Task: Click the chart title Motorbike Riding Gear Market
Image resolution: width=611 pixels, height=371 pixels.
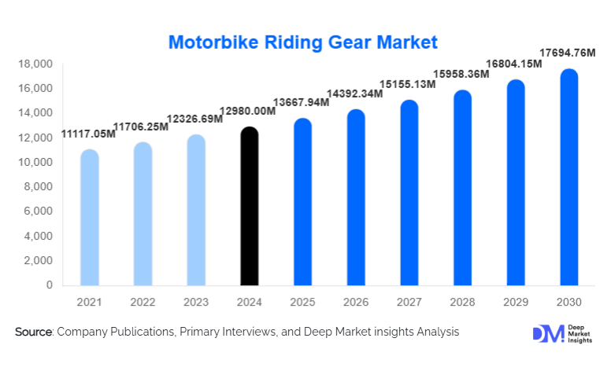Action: click(303, 40)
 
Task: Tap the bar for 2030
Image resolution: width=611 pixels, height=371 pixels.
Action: click(569, 178)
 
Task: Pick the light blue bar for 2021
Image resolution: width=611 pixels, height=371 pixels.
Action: click(90, 218)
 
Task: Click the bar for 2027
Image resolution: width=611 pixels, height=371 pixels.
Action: click(409, 193)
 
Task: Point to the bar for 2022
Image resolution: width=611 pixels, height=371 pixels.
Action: click(143, 214)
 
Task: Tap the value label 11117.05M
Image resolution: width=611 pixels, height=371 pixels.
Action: click(88, 135)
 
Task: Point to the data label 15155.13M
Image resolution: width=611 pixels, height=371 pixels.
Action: click(408, 84)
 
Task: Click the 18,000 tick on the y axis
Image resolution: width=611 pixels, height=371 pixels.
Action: click(35, 64)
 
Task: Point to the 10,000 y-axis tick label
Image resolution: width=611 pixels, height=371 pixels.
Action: click(35, 163)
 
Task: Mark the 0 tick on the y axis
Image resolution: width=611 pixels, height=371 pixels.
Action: click(48, 285)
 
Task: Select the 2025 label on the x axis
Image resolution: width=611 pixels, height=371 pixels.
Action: click(302, 302)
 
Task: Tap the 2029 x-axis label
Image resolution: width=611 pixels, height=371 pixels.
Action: click(516, 302)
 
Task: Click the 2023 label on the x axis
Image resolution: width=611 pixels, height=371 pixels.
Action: click(196, 302)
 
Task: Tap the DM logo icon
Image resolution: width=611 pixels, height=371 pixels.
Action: click(548, 333)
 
